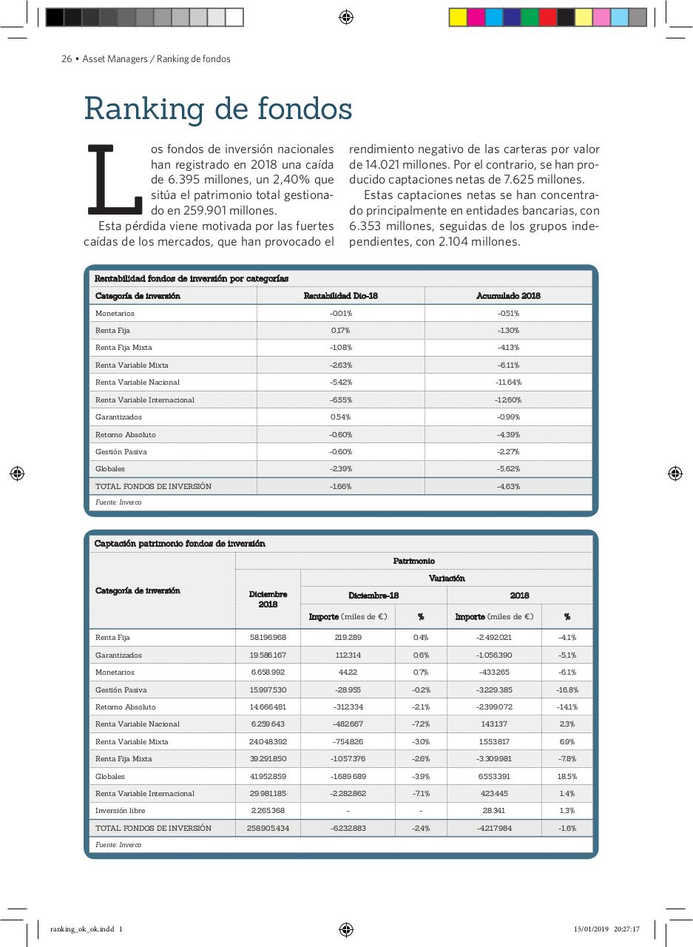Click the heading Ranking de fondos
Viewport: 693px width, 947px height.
(x=217, y=109)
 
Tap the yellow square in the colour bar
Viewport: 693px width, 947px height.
(x=458, y=17)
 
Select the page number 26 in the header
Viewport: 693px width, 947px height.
(x=66, y=59)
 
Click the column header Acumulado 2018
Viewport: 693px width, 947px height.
(x=508, y=296)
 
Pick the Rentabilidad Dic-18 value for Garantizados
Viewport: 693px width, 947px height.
(x=340, y=417)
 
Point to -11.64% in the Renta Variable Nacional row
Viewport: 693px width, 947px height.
(x=508, y=382)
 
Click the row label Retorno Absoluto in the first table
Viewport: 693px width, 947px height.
(x=125, y=435)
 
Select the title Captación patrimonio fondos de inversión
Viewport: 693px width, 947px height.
(x=180, y=544)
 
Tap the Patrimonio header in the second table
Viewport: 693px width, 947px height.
(x=413, y=562)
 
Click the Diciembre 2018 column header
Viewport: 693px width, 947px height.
(x=268, y=599)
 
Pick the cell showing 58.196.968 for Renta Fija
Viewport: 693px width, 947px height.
(x=268, y=638)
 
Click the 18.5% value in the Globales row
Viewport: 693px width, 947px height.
(x=567, y=777)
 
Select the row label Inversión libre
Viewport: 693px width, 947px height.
(x=120, y=811)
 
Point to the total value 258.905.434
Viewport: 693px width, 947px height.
(x=268, y=829)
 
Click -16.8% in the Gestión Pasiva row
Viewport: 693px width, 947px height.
(x=567, y=690)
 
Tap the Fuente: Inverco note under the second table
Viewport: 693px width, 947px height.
(x=118, y=845)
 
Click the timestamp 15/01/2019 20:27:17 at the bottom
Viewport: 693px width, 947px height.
(x=606, y=929)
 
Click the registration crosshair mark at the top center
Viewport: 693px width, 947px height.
(x=346, y=17)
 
